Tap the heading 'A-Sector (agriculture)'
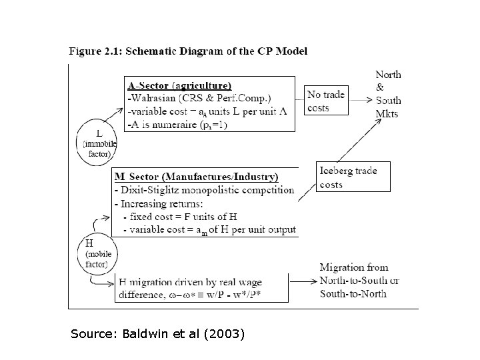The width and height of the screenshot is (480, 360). coord(180,85)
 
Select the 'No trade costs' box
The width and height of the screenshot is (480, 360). coord(326,101)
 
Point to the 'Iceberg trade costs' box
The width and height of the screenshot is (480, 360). coord(347,177)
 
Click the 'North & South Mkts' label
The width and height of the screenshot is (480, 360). coord(388,93)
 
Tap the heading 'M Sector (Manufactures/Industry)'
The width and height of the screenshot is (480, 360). coord(197,177)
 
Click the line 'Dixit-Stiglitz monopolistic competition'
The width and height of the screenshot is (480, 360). coord(204,190)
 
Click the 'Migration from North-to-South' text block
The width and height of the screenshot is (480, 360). coord(359,280)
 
